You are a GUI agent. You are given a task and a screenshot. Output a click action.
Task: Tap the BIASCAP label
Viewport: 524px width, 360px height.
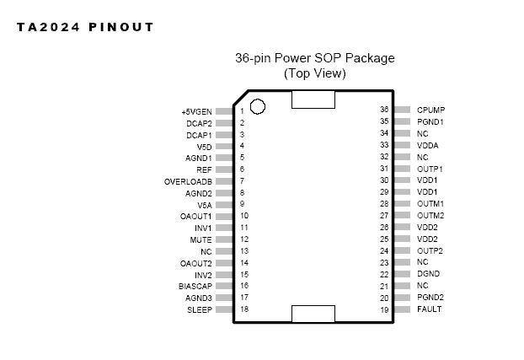pos(195,286)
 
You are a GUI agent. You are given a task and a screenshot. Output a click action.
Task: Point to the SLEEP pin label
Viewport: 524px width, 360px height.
pos(200,309)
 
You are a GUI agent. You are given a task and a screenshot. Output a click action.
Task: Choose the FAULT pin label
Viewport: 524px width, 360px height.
pos(429,309)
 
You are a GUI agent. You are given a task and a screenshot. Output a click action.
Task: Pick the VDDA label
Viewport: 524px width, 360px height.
pos(427,145)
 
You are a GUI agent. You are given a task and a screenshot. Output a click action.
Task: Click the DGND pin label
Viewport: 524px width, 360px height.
pos(428,274)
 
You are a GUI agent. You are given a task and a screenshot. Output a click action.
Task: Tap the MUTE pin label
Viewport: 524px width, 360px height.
pos(201,239)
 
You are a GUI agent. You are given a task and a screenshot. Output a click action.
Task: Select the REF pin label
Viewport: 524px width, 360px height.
pos(204,169)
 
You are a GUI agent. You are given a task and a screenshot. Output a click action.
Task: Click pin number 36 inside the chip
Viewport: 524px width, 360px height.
pos(383,110)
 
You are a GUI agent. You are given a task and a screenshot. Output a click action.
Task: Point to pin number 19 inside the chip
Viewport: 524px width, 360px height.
pos(383,309)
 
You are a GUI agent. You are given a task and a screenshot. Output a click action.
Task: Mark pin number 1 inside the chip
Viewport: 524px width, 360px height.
pos(242,111)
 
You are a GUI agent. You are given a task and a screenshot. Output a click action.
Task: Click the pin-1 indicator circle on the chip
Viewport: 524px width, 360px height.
pos(258,107)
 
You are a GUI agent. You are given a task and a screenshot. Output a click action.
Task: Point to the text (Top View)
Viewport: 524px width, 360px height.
pos(314,73)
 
